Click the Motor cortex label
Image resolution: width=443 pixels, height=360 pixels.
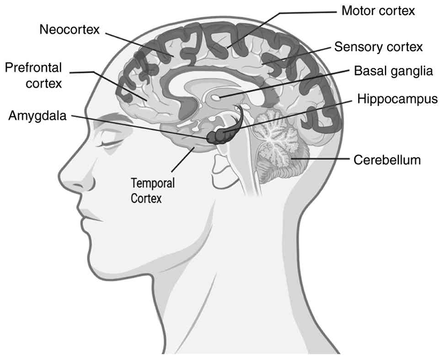378,11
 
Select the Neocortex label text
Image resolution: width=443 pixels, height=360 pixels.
69,30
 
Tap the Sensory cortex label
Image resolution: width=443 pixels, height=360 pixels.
379,47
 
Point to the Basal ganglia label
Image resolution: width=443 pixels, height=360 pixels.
393,71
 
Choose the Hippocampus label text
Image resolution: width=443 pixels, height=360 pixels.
398,99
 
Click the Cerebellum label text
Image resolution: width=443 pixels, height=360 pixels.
387,160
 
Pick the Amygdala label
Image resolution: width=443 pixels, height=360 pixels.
37,116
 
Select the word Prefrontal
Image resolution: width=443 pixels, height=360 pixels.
33,68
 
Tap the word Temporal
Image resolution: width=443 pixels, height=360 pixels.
153,184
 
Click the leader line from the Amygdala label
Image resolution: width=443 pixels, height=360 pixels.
137,124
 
